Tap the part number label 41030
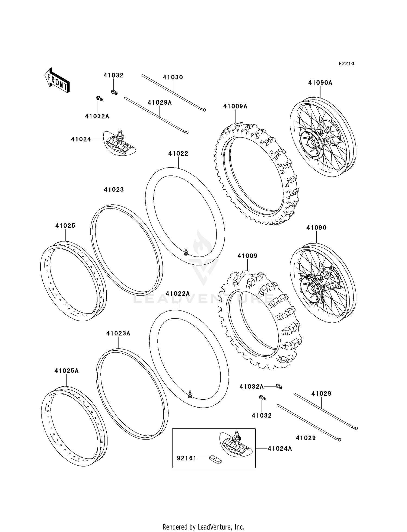(173, 77)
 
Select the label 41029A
(160, 102)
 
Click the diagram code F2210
(346, 64)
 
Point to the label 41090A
(320, 83)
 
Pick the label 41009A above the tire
(235, 106)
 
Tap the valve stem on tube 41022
(186, 251)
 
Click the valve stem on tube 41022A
(190, 394)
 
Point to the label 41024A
(280, 449)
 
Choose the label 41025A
(66, 371)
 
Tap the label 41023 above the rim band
(114, 190)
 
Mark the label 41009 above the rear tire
(247, 256)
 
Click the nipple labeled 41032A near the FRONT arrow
(100, 99)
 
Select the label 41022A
(178, 294)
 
